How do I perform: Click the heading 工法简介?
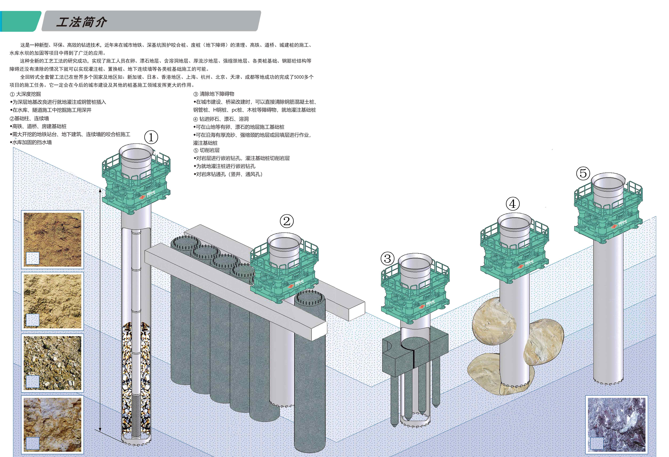[81, 22]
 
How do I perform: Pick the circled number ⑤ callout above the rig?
[583, 173]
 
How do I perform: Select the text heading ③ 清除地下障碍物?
[214, 94]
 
